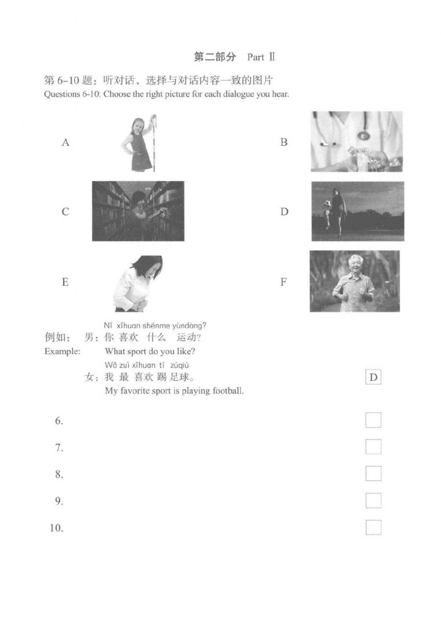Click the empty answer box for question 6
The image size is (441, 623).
click(373, 420)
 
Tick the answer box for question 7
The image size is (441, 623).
click(373, 447)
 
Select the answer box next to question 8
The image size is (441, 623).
click(373, 474)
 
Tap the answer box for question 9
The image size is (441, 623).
click(373, 500)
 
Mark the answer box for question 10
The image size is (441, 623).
click(373, 527)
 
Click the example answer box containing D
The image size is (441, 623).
click(373, 377)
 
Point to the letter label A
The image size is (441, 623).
click(66, 142)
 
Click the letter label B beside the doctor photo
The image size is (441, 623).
click(284, 142)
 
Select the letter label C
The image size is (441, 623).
click(65, 212)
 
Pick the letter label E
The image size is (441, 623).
click(65, 282)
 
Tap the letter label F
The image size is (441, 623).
click(284, 282)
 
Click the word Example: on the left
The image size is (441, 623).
click(62, 351)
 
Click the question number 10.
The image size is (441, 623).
click(56, 528)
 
